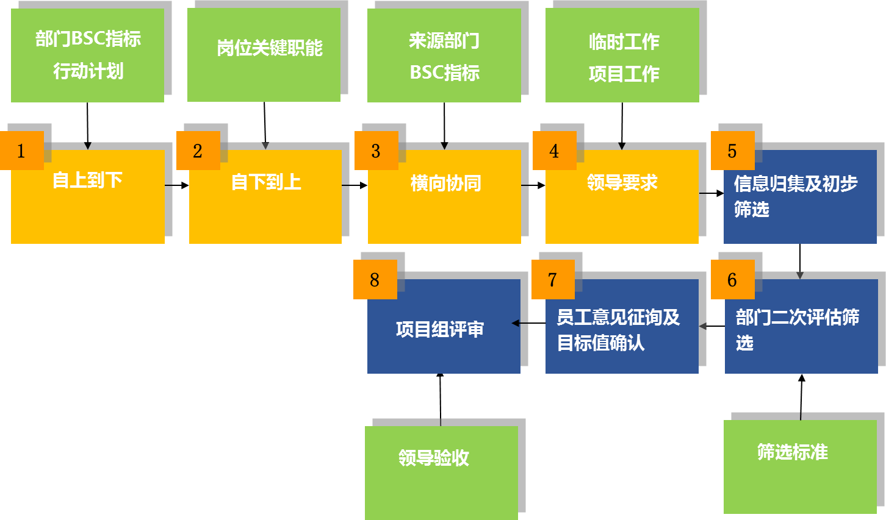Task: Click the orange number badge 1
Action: pyautogui.click(x=22, y=151)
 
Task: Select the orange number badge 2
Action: pyautogui.click(x=198, y=151)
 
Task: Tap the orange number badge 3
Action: pyautogui.click(x=376, y=151)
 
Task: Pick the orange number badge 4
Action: pyautogui.click(x=554, y=151)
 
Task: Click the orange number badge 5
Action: pyautogui.click(x=732, y=151)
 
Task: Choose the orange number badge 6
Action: pyautogui.click(x=732, y=279)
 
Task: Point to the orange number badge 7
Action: pyautogui.click(x=553, y=279)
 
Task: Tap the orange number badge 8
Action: pyautogui.click(x=375, y=279)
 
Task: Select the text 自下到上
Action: pyautogui.click(x=266, y=182)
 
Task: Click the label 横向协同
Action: pyautogui.click(x=445, y=183)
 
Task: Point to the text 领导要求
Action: pyautogui.click(x=622, y=182)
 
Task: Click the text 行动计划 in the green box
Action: pyautogui.click(x=88, y=71)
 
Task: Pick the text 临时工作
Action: pyautogui.click(x=624, y=41)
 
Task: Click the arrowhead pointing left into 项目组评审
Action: pyautogui.click(x=516, y=323)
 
